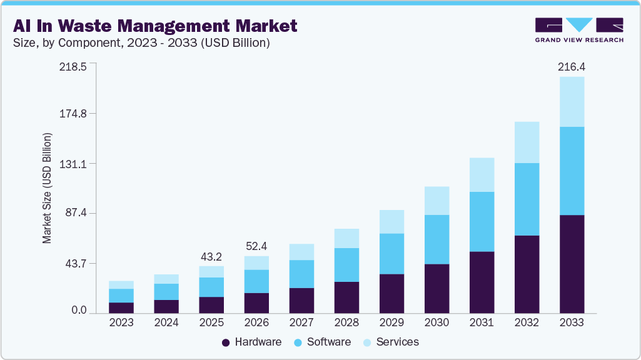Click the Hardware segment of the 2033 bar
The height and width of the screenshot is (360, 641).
click(x=572, y=264)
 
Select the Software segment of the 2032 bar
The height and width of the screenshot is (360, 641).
click(x=527, y=199)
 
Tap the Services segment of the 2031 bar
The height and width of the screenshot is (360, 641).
click(x=482, y=174)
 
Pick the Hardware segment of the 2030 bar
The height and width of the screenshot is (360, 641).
click(x=437, y=288)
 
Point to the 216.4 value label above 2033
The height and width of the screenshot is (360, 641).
click(x=572, y=67)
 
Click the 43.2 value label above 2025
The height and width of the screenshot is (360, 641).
click(x=211, y=257)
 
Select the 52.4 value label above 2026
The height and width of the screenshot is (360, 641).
click(x=256, y=246)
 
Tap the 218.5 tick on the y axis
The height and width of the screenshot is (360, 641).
click(x=74, y=67)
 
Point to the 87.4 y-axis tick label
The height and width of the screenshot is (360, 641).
click(x=76, y=214)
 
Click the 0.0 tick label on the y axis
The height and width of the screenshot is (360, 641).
click(x=79, y=311)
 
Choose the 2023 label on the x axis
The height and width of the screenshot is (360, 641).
click(x=121, y=323)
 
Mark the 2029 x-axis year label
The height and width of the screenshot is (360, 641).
click(x=391, y=323)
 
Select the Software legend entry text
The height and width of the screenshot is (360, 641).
click(x=329, y=342)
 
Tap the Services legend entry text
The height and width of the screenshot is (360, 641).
click(x=398, y=342)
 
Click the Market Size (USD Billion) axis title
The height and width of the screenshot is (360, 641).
click(x=47, y=188)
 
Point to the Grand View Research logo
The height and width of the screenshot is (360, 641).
click(x=578, y=30)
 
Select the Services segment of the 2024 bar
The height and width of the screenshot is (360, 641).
click(x=166, y=279)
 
